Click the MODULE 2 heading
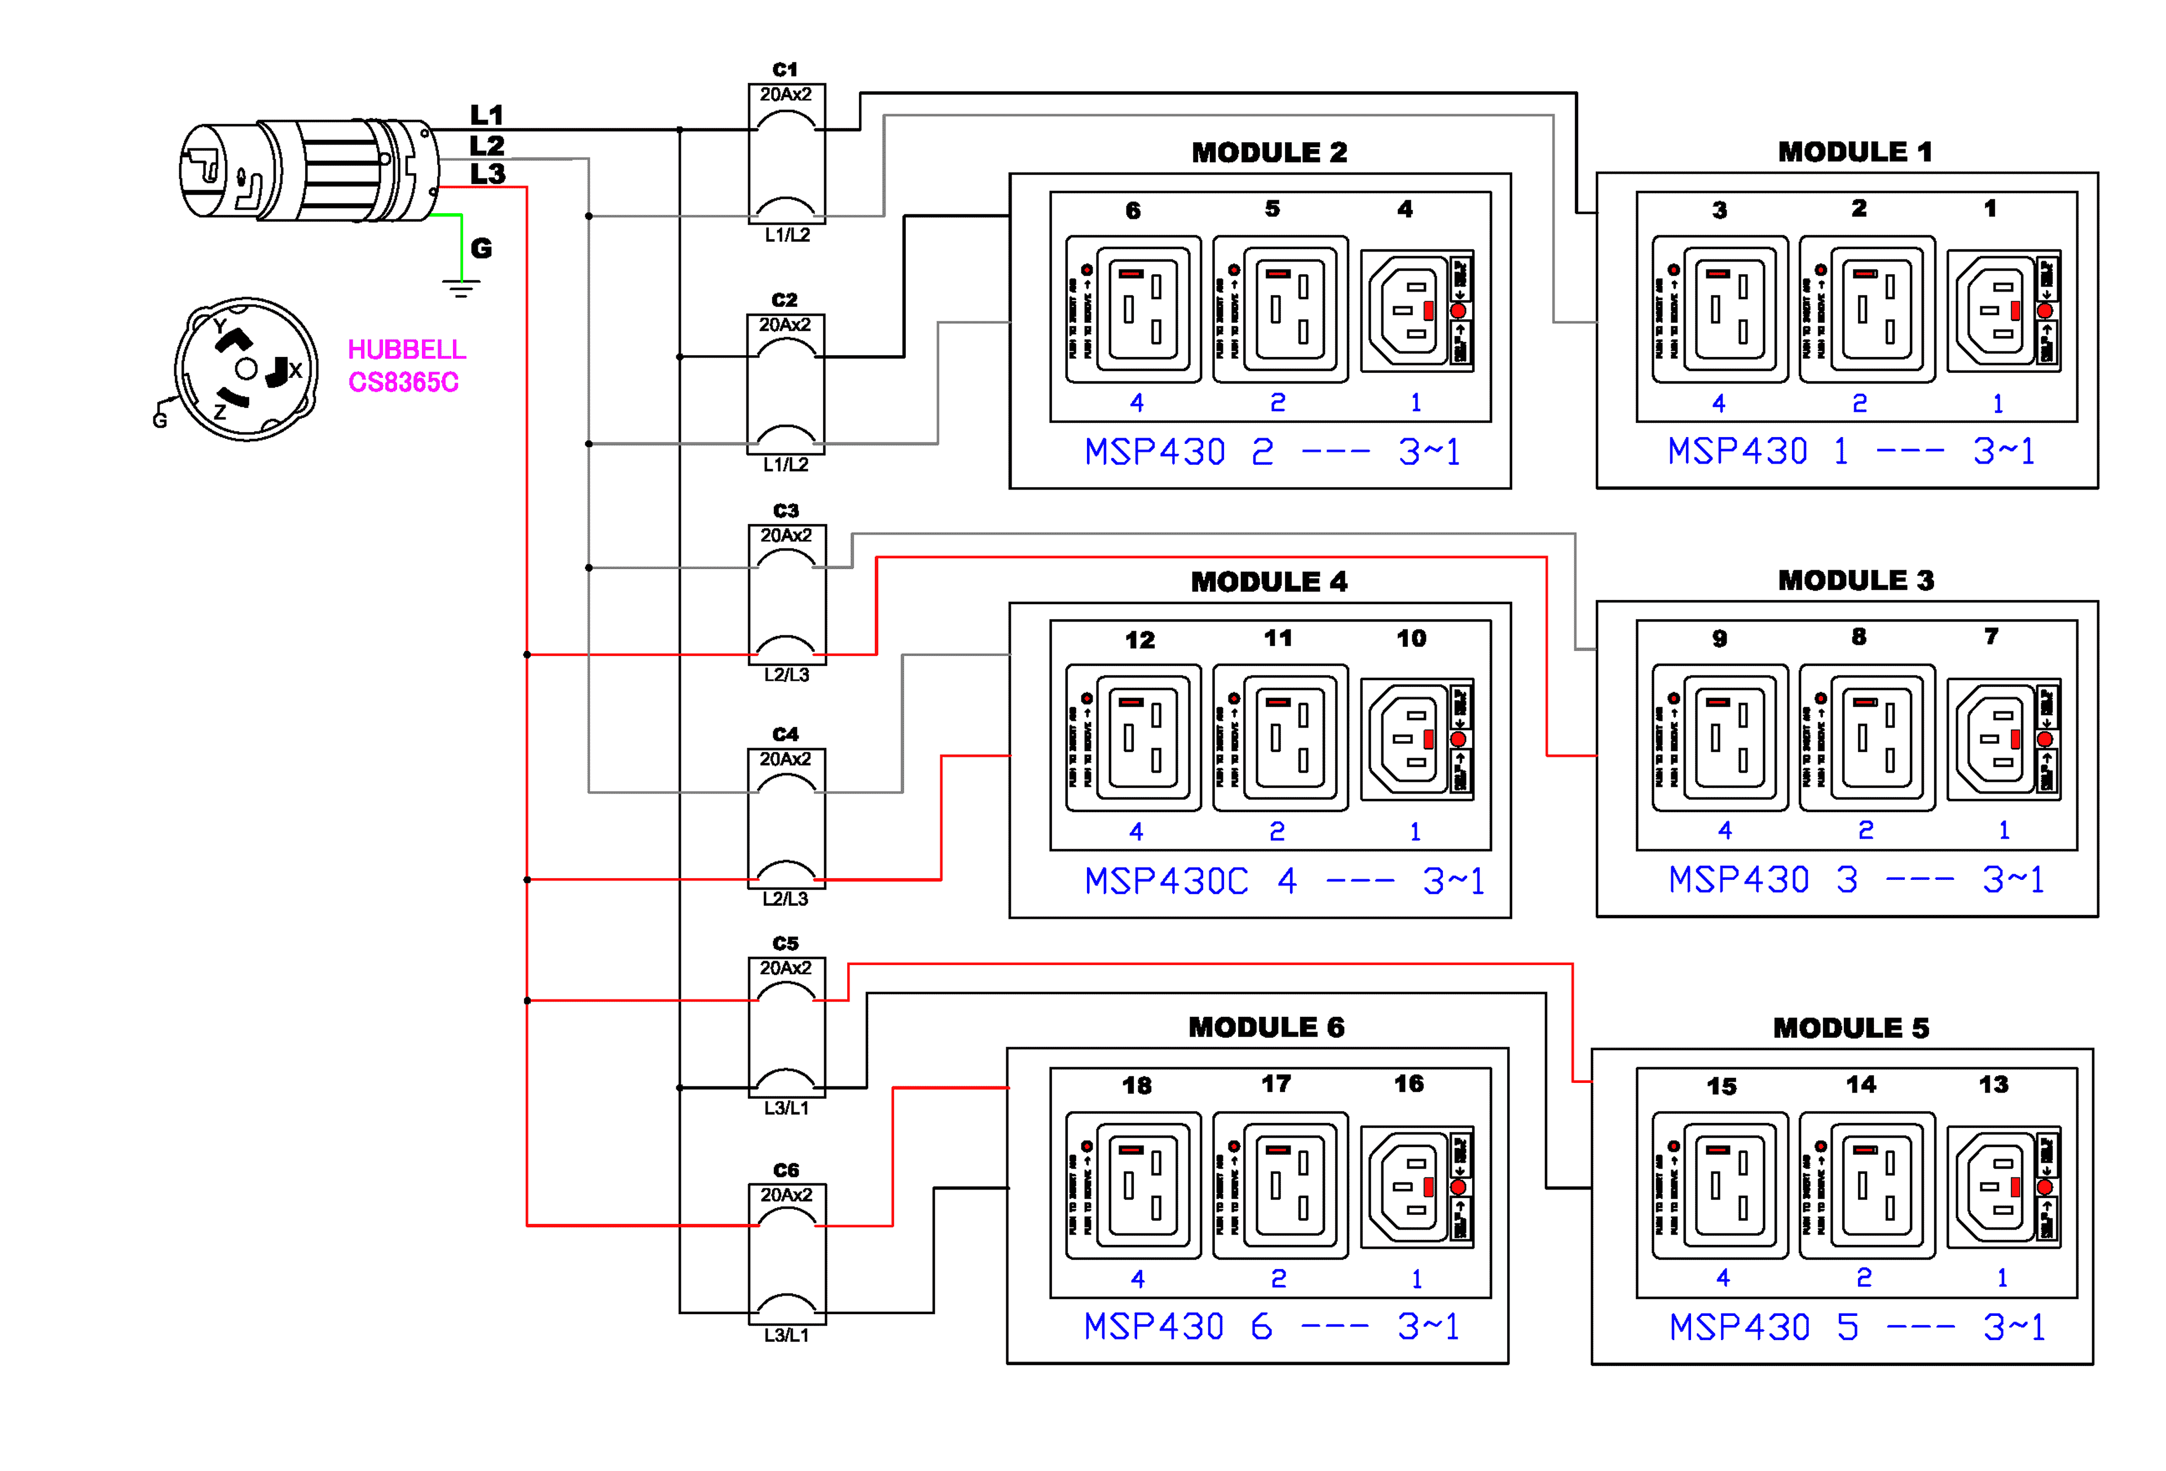point(1269,152)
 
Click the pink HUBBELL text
point(406,350)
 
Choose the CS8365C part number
point(403,382)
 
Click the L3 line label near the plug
point(487,174)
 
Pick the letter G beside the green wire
point(481,248)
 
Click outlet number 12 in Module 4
point(1139,640)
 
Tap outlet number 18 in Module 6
point(1136,1085)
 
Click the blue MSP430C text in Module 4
point(1166,881)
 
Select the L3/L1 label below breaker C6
point(786,1335)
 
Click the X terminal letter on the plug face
point(296,370)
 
